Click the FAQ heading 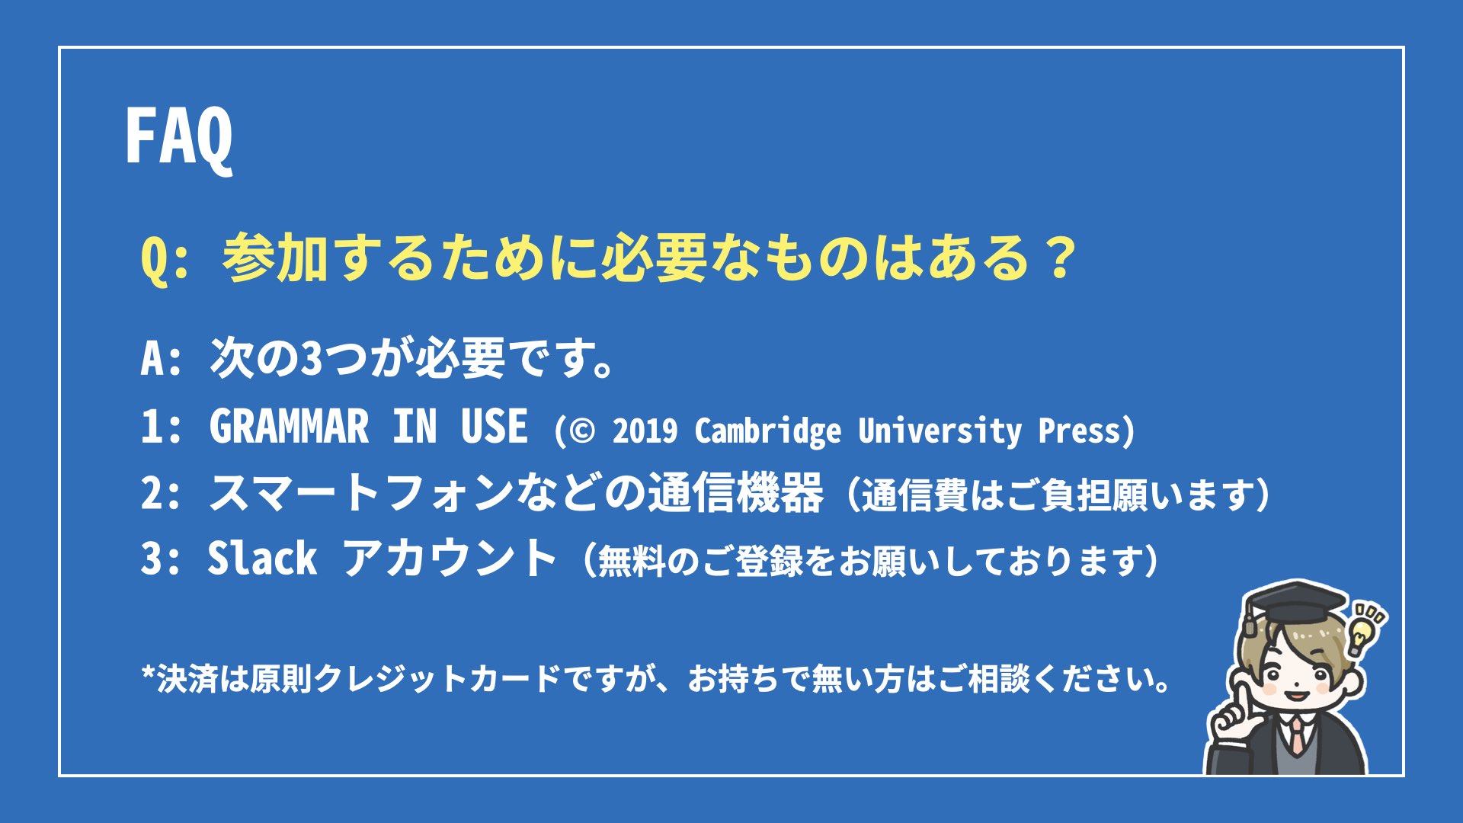(x=179, y=137)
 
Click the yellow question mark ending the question (x=1060, y=258)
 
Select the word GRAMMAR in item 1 (x=289, y=426)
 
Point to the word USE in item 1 (x=494, y=426)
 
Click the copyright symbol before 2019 (x=581, y=431)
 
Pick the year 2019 (x=645, y=431)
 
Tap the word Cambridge (x=768, y=432)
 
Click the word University (x=940, y=432)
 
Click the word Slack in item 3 (x=262, y=559)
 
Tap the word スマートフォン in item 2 (x=361, y=493)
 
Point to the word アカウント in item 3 (x=450, y=559)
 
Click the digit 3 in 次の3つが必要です (x=312, y=359)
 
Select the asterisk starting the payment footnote (x=149, y=674)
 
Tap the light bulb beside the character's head (x=1361, y=635)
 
